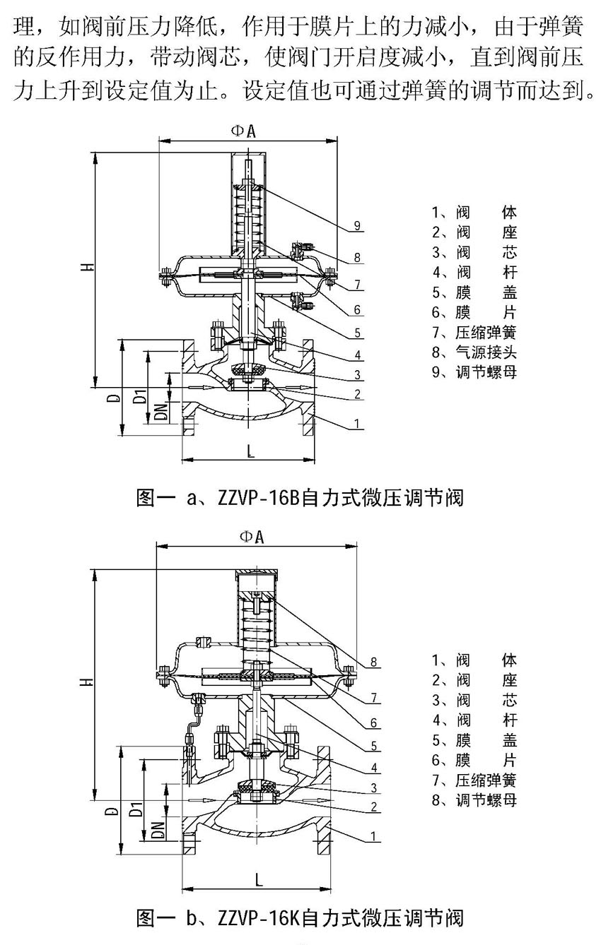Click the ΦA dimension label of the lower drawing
252,537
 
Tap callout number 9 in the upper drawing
358,226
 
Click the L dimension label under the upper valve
251,453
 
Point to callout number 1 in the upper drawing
358,424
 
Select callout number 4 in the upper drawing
358,355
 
